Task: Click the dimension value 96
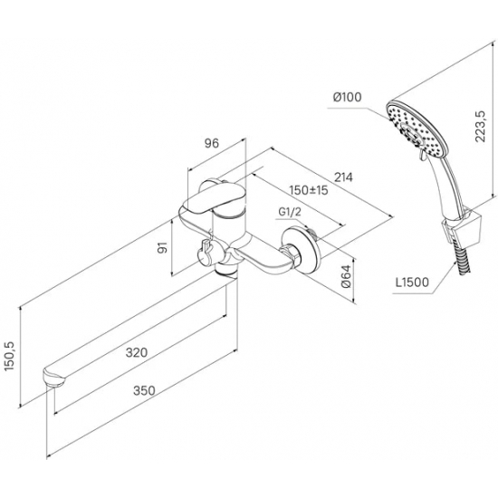tap(212, 144)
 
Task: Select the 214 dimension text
tap(344, 177)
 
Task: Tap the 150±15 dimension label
tap(309, 190)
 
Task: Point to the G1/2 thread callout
tap(290, 212)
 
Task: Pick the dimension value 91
tap(163, 247)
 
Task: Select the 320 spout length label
tap(137, 352)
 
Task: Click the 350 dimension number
tap(144, 390)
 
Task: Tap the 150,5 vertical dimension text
tap(10, 357)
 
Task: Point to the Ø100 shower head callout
tap(348, 97)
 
